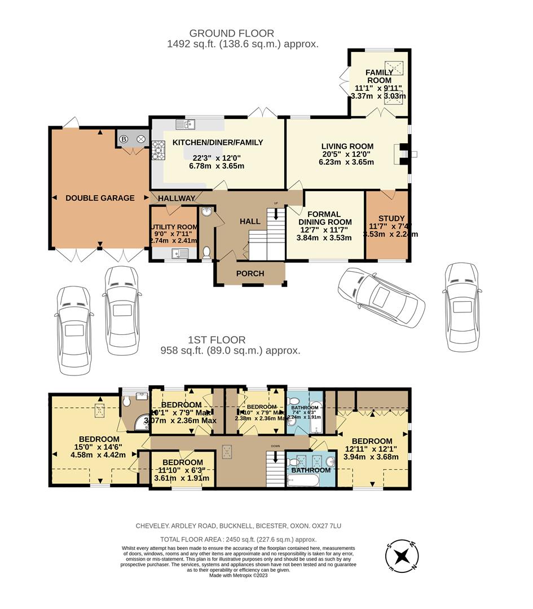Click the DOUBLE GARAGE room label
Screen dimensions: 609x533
[x=100, y=198]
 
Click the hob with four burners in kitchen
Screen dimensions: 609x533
[x=158, y=148]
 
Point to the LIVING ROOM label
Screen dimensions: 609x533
[x=346, y=144]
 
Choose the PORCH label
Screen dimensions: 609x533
[x=250, y=273]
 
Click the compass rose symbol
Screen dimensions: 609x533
[x=402, y=555]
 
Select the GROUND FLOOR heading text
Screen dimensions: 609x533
[x=231, y=33]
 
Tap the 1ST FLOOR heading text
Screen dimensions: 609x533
[x=217, y=340]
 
